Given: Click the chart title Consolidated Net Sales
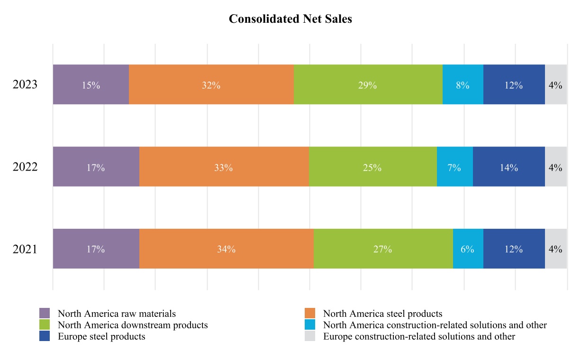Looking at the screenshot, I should pos(290,19).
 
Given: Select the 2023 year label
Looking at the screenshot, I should pos(25,85).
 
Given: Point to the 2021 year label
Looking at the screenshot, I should pos(25,249).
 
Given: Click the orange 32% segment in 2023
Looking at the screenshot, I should pos(211,85).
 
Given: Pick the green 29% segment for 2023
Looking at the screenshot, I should pos(368,85).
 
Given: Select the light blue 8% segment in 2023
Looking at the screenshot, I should pos(463,85).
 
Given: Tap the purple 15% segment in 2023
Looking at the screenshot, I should pos(91,85).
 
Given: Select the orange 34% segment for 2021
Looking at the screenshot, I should pos(226,249).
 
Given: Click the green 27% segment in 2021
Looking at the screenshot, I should pos(383,249).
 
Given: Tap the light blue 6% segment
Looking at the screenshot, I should pos(468,249).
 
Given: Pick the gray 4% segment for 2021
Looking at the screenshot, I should pos(555,249).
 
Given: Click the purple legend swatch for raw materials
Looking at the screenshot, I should pos(45,314).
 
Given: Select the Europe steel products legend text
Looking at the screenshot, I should pos(101,337).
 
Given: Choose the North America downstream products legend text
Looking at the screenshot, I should pos(132,325).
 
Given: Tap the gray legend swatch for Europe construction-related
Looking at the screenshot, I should pos(310,336).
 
